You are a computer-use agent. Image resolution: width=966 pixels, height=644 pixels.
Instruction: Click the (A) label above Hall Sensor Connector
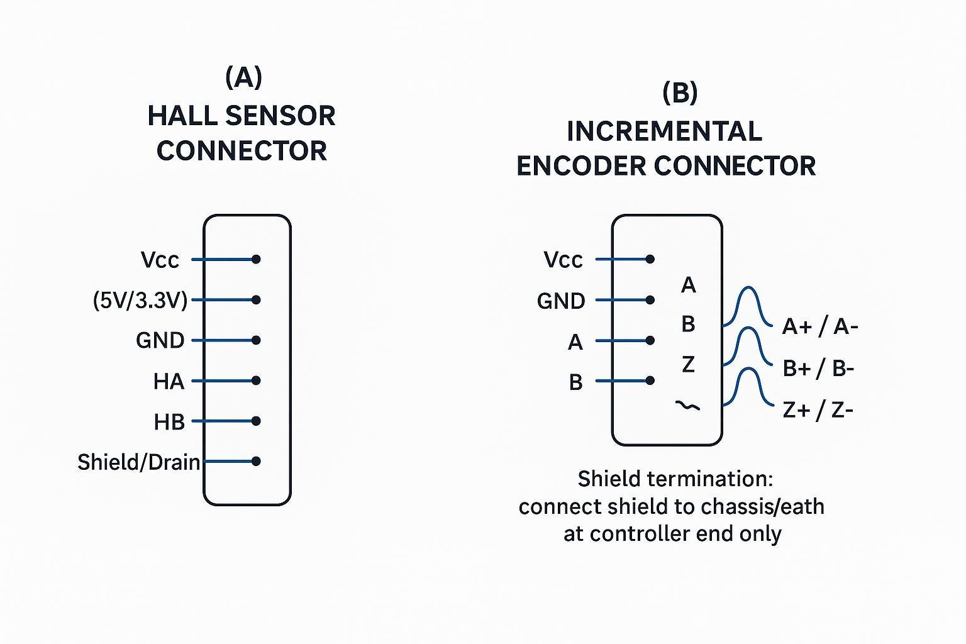point(243,77)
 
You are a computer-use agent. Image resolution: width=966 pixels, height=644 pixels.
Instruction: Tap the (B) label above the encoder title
point(680,93)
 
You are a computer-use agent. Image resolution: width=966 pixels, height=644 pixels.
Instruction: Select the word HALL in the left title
point(182,116)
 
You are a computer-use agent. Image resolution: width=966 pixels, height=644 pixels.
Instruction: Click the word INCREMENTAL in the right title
point(664,132)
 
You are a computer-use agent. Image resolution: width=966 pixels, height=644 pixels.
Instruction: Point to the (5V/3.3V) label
point(140,301)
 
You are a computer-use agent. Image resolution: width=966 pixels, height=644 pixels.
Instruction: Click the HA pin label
point(169,381)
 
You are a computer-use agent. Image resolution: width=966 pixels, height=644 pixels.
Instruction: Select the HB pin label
point(169,422)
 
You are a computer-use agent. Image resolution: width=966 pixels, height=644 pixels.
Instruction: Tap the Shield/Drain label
point(138,462)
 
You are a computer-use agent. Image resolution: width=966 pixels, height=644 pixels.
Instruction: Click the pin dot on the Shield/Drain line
point(256,461)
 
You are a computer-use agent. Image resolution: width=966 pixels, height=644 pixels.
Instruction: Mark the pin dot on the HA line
point(256,380)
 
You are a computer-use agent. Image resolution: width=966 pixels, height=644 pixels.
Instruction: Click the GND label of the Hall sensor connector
point(160,341)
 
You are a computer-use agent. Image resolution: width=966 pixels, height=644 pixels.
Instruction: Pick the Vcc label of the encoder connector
point(563,260)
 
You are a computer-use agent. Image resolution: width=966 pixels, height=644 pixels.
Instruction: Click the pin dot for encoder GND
point(650,300)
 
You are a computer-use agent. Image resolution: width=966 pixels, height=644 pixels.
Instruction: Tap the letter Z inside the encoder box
point(688,364)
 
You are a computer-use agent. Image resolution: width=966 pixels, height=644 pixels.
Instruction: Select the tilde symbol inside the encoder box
point(687,406)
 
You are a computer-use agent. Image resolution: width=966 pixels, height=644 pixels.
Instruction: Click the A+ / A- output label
point(819,326)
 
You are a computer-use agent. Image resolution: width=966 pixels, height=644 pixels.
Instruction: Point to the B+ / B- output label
point(818,368)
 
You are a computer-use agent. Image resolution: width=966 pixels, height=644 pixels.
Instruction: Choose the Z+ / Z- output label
point(818,410)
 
